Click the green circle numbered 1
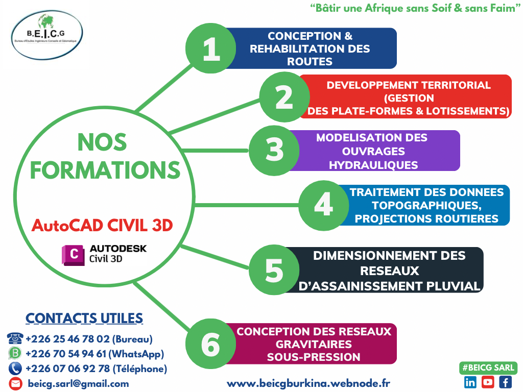pyautogui.click(x=211, y=48)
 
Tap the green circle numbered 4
pyautogui.click(x=323, y=205)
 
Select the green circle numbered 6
pyautogui.click(x=211, y=344)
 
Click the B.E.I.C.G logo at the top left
pyautogui.click(x=46, y=35)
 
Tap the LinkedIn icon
pyautogui.click(x=470, y=382)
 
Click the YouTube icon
pyautogui.click(x=488, y=382)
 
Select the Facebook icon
pyautogui.click(x=505, y=382)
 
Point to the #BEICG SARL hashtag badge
pyautogui.click(x=488, y=367)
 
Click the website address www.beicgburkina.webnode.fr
pyautogui.click(x=308, y=383)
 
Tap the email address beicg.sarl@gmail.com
pyautogui.click(x=78, y=384)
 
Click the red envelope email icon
pyautogui.click(x=15, y=384)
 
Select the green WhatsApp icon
pyautogui.click(x=15, y=353)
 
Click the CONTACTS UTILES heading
pyautogui.click(x=84, y=318)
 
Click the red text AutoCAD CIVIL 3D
pyautogui.click(x=102, y=226)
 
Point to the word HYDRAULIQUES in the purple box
pyautogui.click(x=373, y=165)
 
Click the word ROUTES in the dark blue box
pyautogui.click(x=310, y=62)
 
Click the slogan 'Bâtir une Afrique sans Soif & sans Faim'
pyautogui.click(x=415, y=8)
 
